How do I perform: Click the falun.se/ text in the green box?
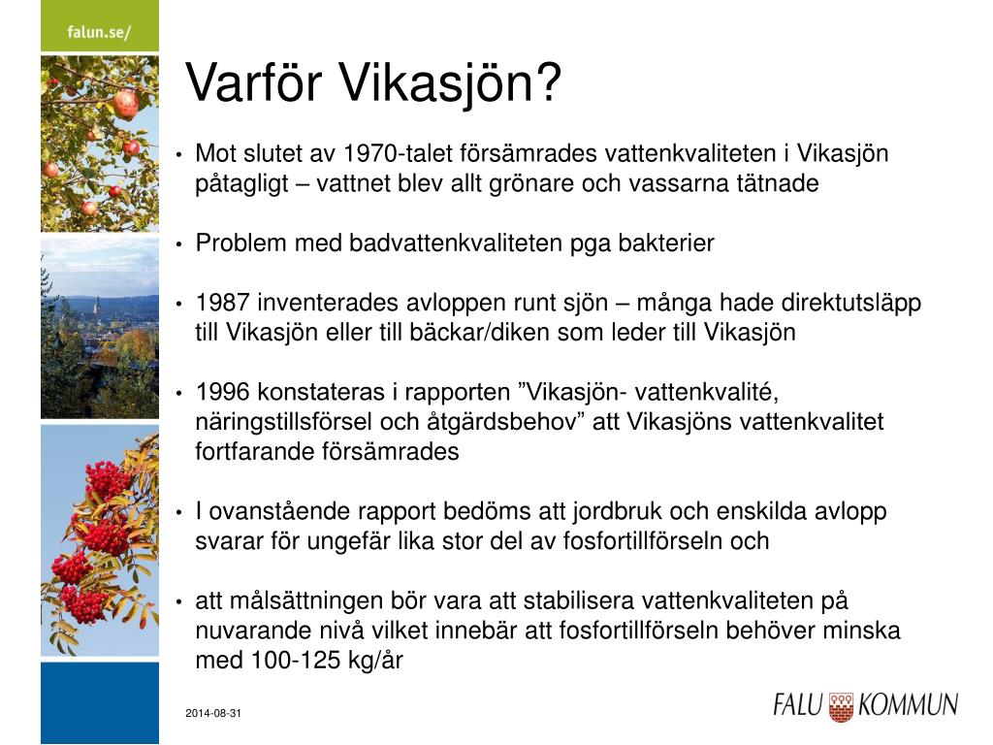coord(99,32)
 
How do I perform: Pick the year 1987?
coord(222,303)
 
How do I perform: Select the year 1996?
coord(222,392)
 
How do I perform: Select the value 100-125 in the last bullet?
coord(297,661)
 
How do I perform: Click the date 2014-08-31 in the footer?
coord(213,713)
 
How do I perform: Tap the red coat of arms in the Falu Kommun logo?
coord(841,707)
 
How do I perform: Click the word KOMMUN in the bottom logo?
coord(908,705)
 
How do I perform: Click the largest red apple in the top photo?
coord(125,104)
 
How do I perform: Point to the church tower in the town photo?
coord(98,307)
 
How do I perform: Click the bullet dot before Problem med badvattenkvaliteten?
coord(179,243)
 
